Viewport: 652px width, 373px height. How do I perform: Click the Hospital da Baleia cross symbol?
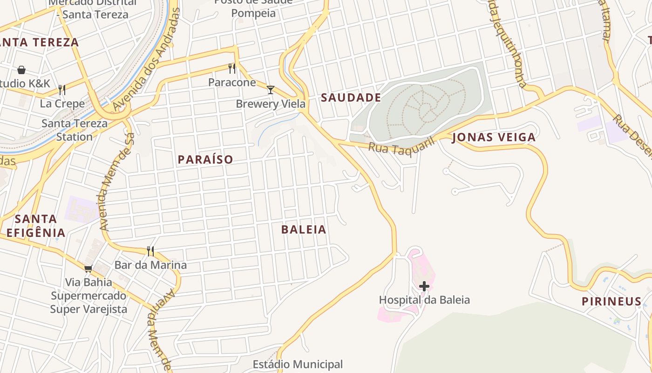pos(424,286)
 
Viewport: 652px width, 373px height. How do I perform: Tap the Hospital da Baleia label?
pos(424,300)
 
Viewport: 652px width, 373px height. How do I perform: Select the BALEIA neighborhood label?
pos(304,229)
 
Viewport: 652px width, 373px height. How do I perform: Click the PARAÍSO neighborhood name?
pos(205,159)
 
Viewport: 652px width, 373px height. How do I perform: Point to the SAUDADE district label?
pos(351,97)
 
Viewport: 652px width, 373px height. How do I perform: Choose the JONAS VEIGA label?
pos(494,138)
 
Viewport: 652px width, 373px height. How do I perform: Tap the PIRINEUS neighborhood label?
pos(611,301)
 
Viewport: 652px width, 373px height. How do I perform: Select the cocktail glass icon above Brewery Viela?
pos(270,90)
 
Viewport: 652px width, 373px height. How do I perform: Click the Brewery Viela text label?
pos(270,104)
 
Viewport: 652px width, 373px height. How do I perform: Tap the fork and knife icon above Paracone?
pos(232,69)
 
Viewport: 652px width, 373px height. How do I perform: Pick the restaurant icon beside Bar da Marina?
pos(150,251)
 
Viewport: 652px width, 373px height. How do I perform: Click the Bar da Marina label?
pos(150,265)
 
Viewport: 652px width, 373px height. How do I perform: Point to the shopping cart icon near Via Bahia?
pos(88,269)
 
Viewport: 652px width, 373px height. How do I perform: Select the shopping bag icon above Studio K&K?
pos(21,70)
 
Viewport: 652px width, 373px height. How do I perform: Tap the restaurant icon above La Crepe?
pos(62,90)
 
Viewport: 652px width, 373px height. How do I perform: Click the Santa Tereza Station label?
pos(75,130)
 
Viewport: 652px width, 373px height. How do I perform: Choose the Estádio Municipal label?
pos(298,364)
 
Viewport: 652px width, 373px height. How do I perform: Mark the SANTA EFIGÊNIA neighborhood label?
pos(36,226)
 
